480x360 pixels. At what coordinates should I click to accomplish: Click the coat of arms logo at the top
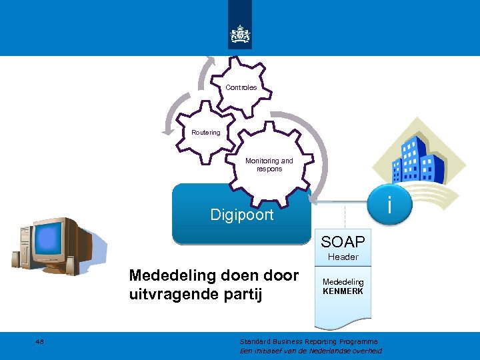pos(240,33)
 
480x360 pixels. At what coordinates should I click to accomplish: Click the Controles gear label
pos(241,87)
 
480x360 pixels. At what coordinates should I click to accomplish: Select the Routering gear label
pos(205,133)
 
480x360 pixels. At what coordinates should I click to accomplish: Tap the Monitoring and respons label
pos(269,165)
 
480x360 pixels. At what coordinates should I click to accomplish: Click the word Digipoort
pos(241,215)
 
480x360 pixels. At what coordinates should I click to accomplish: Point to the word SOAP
pos(343,241)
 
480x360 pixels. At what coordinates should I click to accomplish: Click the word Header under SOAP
pos(343,257)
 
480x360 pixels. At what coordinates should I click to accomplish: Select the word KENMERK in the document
pos(343,291)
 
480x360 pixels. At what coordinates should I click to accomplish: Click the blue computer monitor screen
pos(48,240)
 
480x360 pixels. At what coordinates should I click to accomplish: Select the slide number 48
pos(40,341)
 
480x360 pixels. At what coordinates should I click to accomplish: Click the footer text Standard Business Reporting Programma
pos(308,341)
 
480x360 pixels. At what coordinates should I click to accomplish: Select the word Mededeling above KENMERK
pos(343,282)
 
